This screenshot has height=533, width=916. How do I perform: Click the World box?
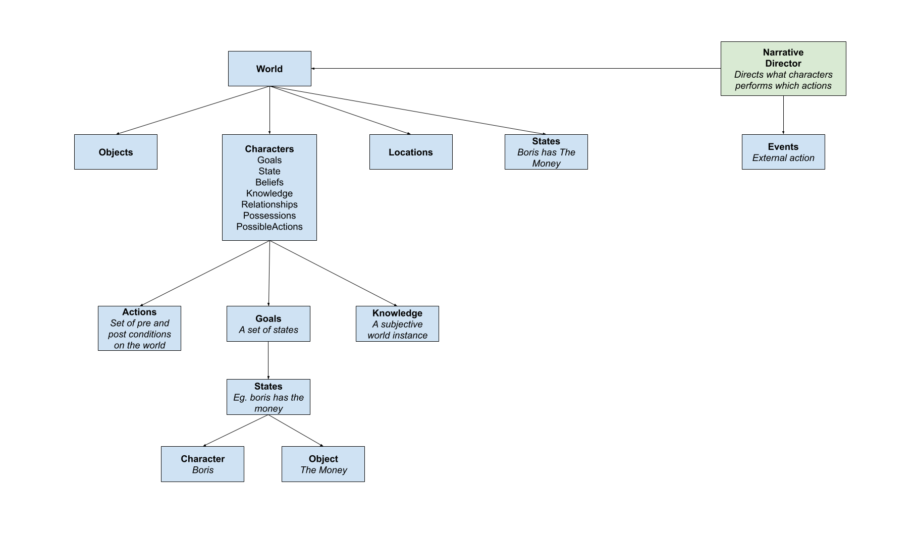270,69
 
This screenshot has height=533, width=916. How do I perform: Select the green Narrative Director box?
783,69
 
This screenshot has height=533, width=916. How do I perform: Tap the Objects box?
116,152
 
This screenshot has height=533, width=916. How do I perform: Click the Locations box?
411,152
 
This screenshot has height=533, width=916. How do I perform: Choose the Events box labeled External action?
783,152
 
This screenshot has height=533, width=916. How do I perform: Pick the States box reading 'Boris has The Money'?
546,152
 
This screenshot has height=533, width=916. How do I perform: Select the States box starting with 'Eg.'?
268,397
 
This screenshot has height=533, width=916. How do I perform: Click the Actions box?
139,328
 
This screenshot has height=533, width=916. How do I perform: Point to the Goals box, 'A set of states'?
268,324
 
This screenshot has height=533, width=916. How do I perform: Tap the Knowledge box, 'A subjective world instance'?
397,324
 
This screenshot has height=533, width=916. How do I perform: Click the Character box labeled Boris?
202,464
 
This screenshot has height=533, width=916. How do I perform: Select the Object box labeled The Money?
323,464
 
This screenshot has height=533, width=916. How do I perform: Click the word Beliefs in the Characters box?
270,182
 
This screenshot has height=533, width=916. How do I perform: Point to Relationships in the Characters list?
270,204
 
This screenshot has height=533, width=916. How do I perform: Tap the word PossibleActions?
270,227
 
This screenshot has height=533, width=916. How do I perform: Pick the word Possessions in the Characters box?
270,216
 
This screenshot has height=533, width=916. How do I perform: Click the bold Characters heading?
270,149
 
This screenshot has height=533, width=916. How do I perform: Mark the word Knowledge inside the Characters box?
270,193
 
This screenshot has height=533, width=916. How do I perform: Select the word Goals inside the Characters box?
270,160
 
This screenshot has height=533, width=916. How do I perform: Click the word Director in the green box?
783,64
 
